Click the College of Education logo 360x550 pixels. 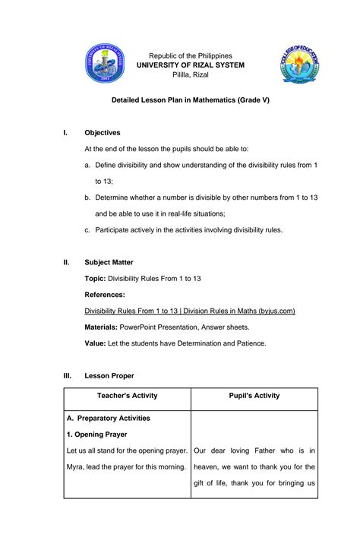click(302, 65)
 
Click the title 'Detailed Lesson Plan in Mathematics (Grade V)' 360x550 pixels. click(190, 100)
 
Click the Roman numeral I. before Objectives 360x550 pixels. click(65, 133)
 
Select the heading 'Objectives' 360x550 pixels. click(102, 133)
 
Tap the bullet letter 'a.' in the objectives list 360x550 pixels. click(87, 165)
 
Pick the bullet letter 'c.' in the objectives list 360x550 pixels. click(87, 229)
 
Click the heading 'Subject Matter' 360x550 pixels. click(109, 263)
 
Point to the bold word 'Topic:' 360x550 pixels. click(95, 279)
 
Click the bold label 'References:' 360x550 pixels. click(105, 295)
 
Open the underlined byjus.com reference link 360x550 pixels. click(189, 311)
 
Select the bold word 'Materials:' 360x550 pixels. click(101, 327)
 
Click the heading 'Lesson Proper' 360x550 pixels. click(109, 375)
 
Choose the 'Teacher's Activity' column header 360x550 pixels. click(127, 396)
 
